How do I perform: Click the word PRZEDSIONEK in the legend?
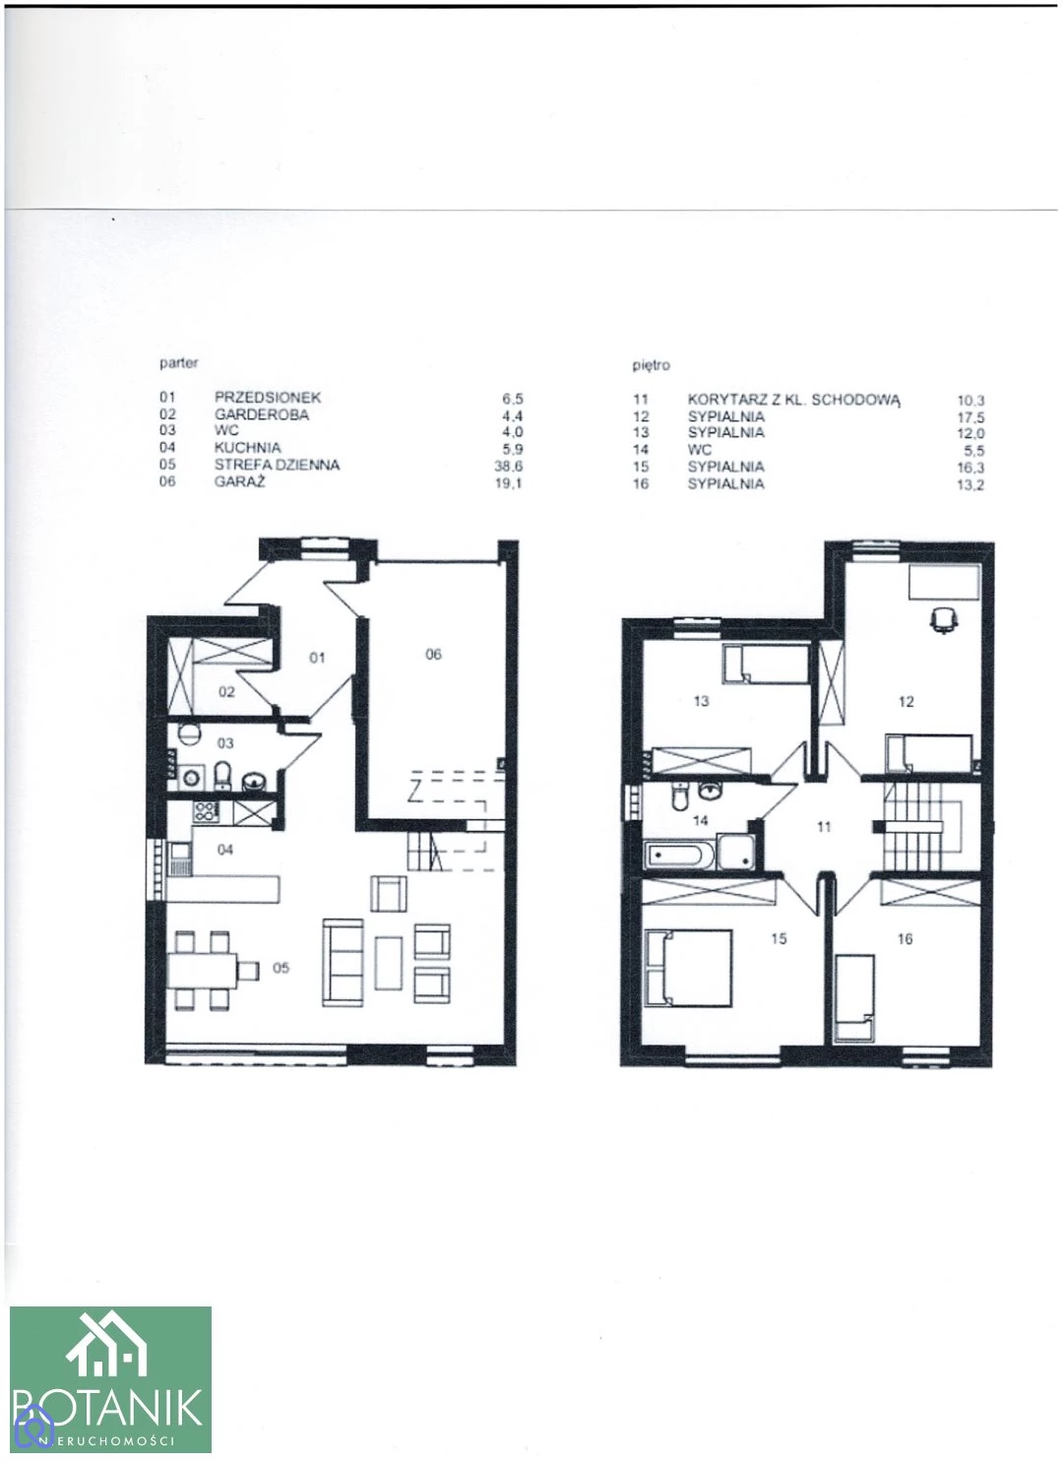[x=268, y=397]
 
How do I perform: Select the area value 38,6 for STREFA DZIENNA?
[x=509, y=466]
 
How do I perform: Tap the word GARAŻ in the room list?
[x=239, y=482]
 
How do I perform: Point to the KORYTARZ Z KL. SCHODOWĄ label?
[x=794, y=400]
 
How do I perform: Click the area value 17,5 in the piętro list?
[x=970, y=417]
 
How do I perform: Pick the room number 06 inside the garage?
[x=433, y=654]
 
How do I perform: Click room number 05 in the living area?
[x=281, y=967]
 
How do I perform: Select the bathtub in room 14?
[x=680, y=855]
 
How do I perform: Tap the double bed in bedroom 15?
[x=688, y=969]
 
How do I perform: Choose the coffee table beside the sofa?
[x=389, y=964]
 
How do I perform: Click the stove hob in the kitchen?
[x=206, y=812]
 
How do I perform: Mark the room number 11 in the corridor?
[x=824, y=827]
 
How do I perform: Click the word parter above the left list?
[x=179, y=362]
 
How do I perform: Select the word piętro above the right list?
[x=651, y=366]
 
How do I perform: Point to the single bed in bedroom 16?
[x=854, y=997]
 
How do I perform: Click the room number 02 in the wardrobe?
[x=226, y=692]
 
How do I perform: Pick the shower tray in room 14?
[x=736, y=852]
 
